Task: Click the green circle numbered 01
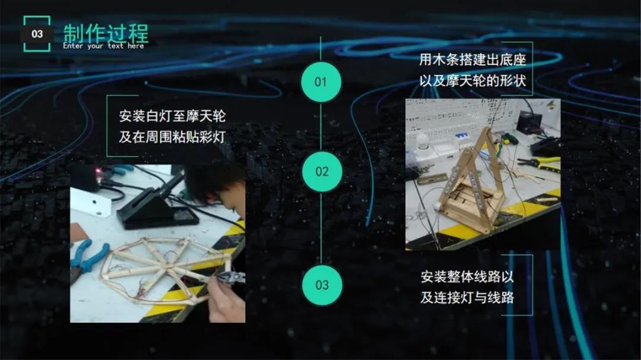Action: (321, 82)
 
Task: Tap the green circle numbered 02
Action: (322, 171)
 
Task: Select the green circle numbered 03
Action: (322, 285)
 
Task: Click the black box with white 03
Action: (37, 34)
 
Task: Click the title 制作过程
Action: (106, 33)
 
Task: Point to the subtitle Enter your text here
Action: (103, 46)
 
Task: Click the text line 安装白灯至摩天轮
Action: (172, 116)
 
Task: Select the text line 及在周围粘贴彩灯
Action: (172, 136)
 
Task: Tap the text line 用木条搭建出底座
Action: (472, 60)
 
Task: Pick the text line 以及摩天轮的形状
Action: (472, 81)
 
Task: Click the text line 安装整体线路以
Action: (467, 276)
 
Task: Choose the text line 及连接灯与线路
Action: (467, 297)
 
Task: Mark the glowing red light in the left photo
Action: (97, 170)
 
